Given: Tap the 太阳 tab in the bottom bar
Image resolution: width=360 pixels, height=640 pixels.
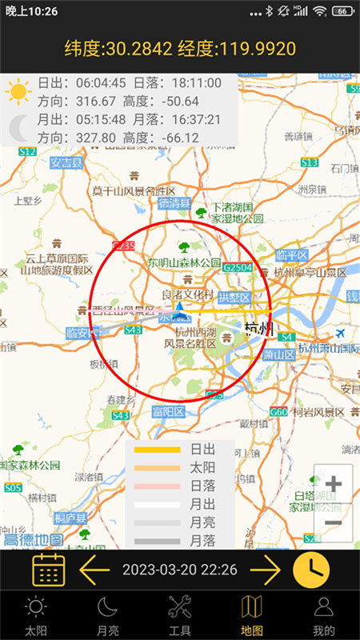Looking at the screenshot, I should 36,615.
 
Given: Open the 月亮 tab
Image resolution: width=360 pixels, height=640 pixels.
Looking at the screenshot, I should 108,615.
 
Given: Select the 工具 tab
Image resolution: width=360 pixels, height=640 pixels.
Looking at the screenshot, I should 180,615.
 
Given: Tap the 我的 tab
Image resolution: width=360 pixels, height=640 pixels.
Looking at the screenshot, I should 323,615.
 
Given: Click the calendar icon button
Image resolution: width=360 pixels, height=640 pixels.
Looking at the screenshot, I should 48,570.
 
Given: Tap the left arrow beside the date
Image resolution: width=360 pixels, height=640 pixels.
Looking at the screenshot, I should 94,570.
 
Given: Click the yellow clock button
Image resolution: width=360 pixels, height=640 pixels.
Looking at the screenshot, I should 310,570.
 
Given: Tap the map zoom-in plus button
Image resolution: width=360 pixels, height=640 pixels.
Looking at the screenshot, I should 334,484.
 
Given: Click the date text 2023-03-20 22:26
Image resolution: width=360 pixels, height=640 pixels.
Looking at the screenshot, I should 179,570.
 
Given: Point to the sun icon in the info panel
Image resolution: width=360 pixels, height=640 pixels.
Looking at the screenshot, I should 18,91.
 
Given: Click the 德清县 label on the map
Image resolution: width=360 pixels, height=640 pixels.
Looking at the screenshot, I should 174,203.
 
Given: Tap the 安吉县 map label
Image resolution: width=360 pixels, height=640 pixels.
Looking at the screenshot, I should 67,163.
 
